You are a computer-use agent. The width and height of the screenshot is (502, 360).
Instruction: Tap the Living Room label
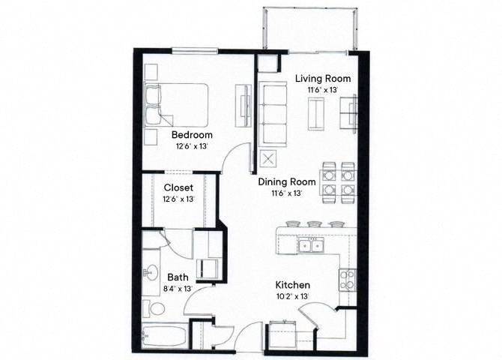322,78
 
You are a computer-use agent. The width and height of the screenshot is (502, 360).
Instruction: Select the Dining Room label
285,182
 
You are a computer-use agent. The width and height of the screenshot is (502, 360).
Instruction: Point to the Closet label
178,187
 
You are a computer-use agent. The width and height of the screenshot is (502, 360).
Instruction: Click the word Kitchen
292,286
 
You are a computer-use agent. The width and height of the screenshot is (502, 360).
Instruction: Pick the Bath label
157,277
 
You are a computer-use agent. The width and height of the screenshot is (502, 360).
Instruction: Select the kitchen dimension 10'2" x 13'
292,297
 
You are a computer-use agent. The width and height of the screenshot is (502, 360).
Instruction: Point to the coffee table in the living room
317,112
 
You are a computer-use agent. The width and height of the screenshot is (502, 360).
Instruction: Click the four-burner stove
347,280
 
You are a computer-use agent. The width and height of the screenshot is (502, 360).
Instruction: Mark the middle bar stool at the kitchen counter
314,223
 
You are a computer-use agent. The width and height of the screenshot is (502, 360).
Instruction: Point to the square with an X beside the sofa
268,160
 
